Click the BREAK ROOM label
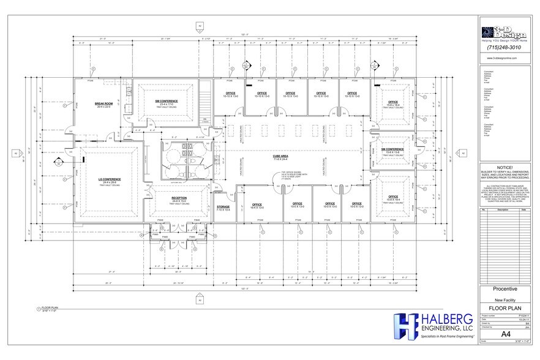[102, 105]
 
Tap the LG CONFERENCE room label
[111, 180]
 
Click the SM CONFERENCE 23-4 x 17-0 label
[165, 102]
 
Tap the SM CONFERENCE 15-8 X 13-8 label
[391, 149]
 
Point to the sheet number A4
[506, 334]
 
